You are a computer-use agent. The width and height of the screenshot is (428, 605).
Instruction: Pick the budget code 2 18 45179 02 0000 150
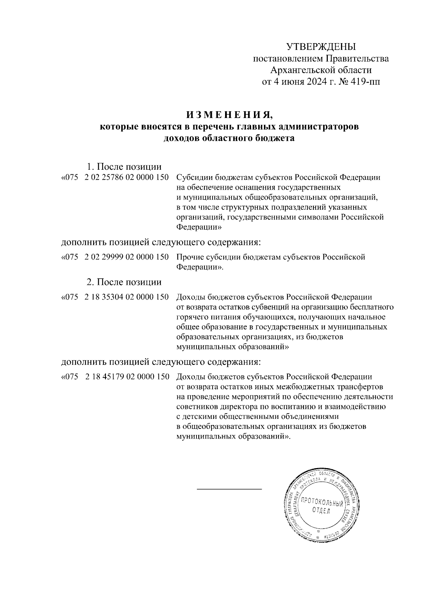(x=127, y=377)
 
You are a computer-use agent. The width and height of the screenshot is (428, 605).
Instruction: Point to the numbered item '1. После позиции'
(x=124, y=166)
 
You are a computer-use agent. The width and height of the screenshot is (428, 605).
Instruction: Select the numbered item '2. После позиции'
(x=124, y=282)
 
